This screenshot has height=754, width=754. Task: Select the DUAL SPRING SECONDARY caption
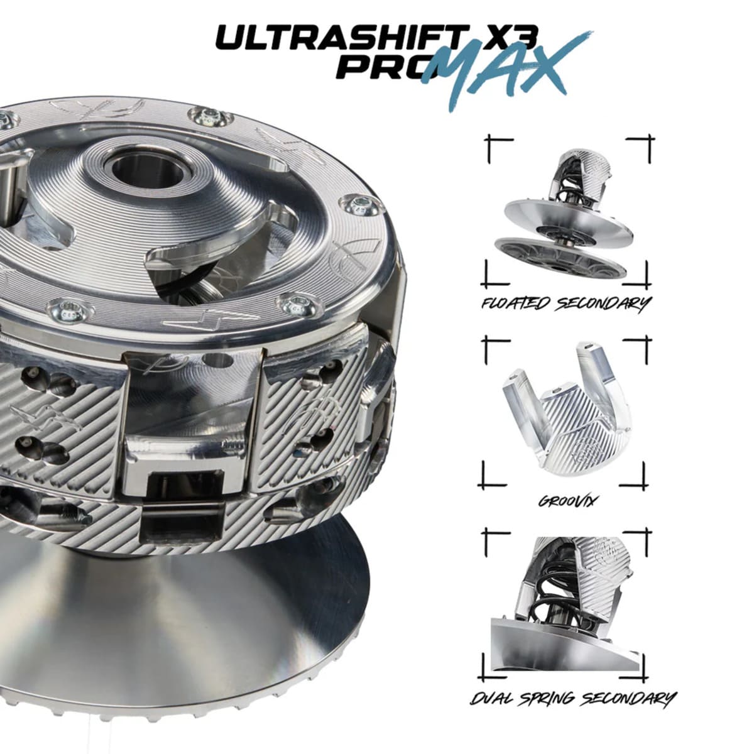tap(572, 699)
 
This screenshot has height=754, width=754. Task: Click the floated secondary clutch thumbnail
tap(564, 214)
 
